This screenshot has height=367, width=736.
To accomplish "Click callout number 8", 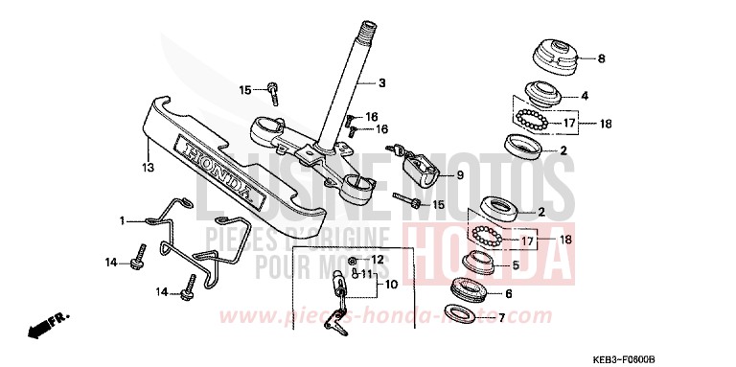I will click(602, 58).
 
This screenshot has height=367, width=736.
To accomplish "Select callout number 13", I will click(148, 169).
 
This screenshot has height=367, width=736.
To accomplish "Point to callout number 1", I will click(123, 220).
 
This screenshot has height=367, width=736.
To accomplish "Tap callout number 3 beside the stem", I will click(381, 82).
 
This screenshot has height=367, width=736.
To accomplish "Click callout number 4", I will click(584, 97).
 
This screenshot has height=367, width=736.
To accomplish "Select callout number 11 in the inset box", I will click(367, 273).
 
